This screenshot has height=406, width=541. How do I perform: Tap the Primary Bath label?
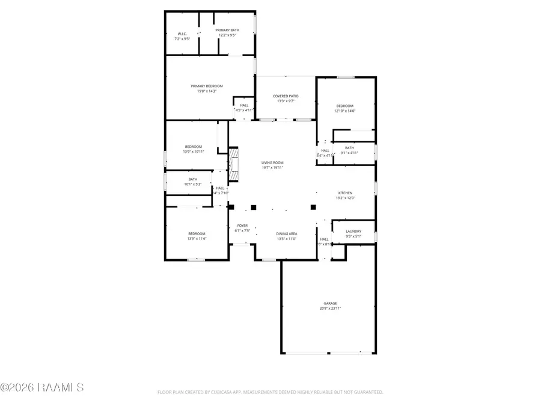coord(227,30)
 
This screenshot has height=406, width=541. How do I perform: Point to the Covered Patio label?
coord(286,96)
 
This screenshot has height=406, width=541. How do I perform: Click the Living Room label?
coord(272,162)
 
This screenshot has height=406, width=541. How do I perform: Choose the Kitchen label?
coord(345,193)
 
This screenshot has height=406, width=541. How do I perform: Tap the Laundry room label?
coord(353,231)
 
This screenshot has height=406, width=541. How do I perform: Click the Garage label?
coord(331,303)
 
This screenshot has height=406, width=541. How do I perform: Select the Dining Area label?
coord(287,233)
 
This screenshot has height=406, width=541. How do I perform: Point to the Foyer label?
coord(242,226)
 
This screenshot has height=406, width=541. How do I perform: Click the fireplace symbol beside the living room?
coord(233,165)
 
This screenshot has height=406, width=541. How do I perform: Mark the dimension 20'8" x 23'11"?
coord(331,309)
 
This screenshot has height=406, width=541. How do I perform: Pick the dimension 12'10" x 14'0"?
coord(345,111)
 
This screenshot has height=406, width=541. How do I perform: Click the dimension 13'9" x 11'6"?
coord(196,239)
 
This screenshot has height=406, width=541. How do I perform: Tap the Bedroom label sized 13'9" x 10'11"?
coord(193,147)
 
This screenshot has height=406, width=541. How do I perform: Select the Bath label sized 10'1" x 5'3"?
coord(193,179)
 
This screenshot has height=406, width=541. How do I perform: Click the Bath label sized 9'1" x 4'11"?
coord(349,147)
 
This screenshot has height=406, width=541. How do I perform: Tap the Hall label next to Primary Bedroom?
coord(244,105)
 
